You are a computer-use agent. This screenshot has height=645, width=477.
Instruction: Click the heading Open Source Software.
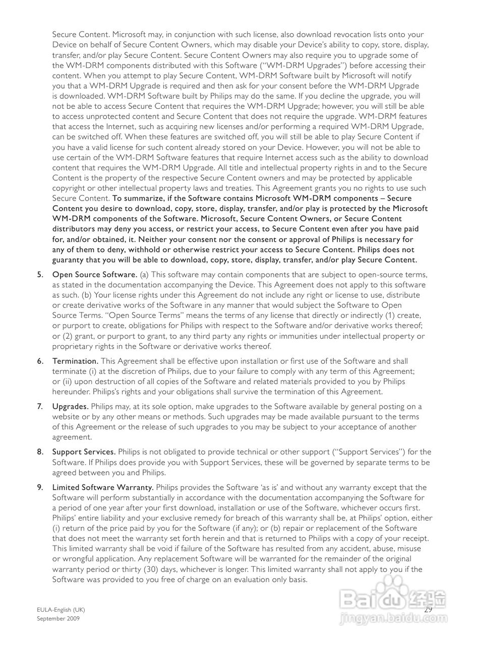point(95,275)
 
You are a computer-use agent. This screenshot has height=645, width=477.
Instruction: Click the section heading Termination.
point(75,361)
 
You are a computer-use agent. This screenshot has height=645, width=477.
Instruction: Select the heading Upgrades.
point(71,407)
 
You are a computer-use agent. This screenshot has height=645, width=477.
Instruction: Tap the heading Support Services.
point(84,452)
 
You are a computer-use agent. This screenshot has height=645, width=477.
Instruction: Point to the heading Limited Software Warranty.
point(103,487)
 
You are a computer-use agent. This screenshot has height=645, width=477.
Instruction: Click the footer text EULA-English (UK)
point(57,610)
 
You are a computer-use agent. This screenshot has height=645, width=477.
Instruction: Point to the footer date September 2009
point(58,618)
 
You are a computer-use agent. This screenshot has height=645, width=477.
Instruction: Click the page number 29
point(428,609)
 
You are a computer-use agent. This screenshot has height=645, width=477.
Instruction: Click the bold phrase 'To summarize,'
point(137,198)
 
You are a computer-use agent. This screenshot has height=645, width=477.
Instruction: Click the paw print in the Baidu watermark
point(391,598)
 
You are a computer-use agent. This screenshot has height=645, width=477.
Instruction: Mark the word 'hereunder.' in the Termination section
point(70,392)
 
